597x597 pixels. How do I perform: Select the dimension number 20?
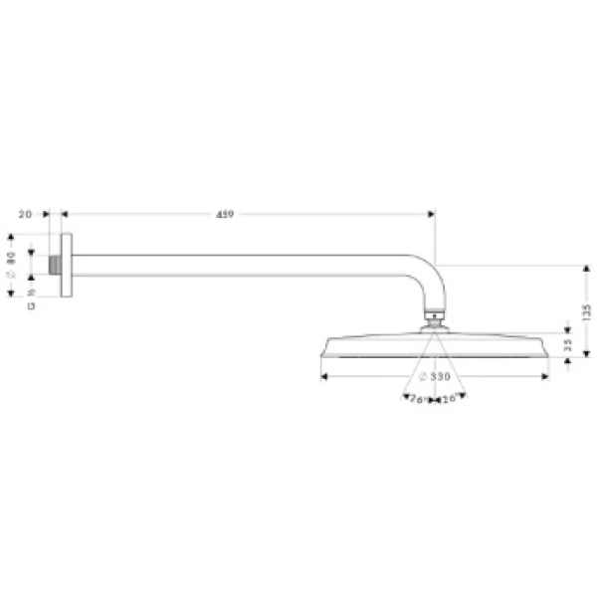click(x=26, y=214)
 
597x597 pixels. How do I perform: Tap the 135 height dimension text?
click(x=587, y=311)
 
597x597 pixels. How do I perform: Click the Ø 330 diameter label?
click(x=435, y=376)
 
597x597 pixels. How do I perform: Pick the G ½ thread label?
click(x=32, y=299)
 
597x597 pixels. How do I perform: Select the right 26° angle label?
click(x=450, y=399)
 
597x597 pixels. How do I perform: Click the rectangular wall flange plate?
click(x=66, y=266)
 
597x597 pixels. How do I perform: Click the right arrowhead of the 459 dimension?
click(x=431, y=213)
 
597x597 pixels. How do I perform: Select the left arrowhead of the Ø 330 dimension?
click(x=323, y=376)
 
